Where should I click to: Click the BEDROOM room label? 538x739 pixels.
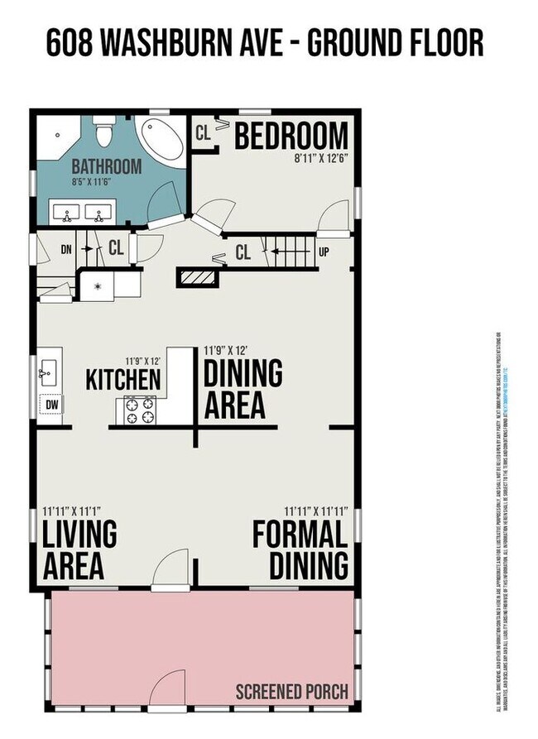click(x=291, y=136)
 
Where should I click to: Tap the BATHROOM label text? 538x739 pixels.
click(x=106, y=166)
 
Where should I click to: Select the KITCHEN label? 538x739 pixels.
click(x=123, y=380)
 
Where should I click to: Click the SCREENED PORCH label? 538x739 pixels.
click(x=291, y=692)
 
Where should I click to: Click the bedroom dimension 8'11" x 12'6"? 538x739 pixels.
click(x=320, y=156)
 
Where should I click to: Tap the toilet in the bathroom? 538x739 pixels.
click(x=104, y=132)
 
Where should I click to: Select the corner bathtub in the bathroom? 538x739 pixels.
click(x=162, y=139)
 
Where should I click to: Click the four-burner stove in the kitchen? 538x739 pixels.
click(x=140, y=409)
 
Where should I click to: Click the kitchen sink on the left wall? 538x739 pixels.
click(x=46, y=374)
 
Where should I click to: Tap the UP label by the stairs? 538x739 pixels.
click(x=324, y=251)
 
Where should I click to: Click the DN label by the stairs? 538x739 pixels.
click(x=68, y=247)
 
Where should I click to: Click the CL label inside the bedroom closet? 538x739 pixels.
click(x=203, y=132)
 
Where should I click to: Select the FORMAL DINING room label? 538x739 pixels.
click(x=299, y=549)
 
